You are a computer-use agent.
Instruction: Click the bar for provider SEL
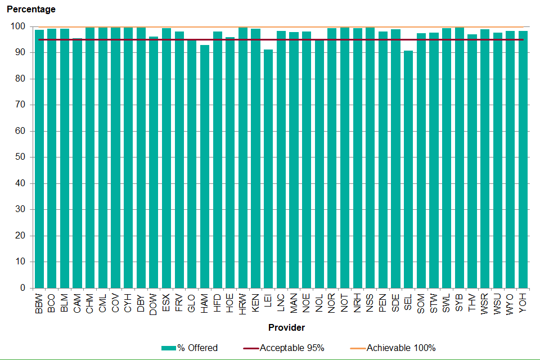tap(408, 169)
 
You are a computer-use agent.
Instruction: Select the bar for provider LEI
tap(268, 169)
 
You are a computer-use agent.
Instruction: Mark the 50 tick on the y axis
tap(20, 157)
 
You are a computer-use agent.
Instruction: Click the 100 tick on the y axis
tap(18, 26)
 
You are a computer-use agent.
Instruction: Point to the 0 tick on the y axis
tap(22, 288)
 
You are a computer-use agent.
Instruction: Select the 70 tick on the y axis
tap(20, 105)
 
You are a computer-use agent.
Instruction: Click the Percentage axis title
tap(31, 10)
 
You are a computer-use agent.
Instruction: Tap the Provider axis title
tap(287, 327)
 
